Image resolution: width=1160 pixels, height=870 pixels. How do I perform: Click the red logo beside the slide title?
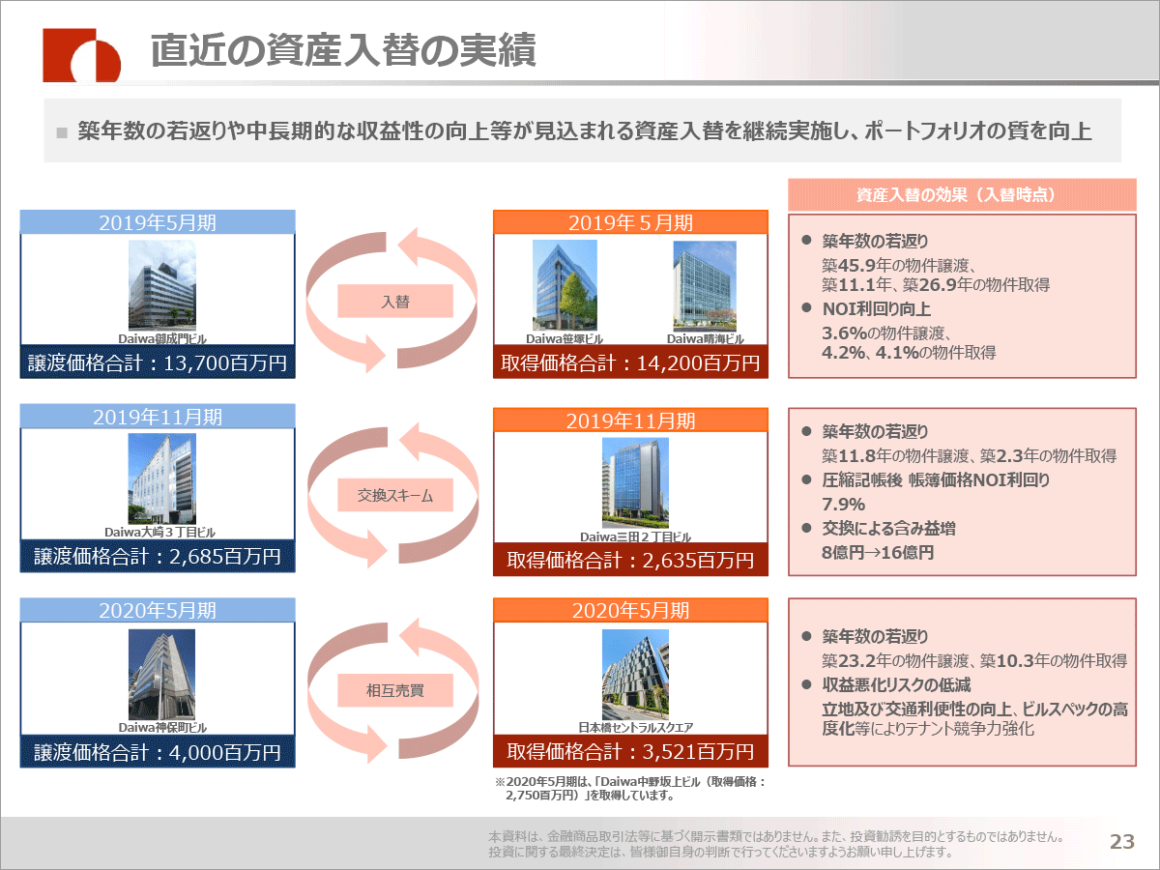point(81,55)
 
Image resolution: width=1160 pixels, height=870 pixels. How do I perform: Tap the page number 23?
point(1122,841)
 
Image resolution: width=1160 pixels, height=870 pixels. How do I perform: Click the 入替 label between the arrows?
point(395,301)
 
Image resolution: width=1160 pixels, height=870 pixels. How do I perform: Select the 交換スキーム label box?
point(395,495)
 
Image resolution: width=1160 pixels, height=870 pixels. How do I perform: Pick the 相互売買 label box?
point(395,690)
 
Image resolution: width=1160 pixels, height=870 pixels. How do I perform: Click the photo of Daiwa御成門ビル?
point(162,285)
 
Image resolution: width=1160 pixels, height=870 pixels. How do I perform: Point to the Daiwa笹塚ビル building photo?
point(565,285)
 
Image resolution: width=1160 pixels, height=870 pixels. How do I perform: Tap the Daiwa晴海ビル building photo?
point(705,286)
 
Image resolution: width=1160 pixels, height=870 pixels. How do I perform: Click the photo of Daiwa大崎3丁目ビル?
point(162,478)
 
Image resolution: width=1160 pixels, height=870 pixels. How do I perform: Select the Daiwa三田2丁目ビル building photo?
point(635,482)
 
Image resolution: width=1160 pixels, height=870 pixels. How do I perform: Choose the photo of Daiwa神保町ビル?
point(161,675)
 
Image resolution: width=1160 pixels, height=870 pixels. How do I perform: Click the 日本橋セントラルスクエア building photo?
point(635,675)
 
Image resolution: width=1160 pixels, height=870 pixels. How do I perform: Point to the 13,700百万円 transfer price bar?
point(158,362)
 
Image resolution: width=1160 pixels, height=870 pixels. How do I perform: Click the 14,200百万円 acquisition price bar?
point(630,362)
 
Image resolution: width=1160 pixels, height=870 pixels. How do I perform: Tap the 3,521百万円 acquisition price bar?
point(630,751)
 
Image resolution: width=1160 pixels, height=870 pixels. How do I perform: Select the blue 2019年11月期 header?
point(158,417)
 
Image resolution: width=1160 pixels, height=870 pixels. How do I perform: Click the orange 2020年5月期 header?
point(630,610)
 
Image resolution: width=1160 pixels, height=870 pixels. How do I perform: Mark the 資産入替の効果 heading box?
point(962,195)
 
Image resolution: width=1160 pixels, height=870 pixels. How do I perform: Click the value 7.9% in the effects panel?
point(844,504)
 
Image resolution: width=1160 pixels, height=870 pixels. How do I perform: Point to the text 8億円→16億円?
point(878,553)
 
